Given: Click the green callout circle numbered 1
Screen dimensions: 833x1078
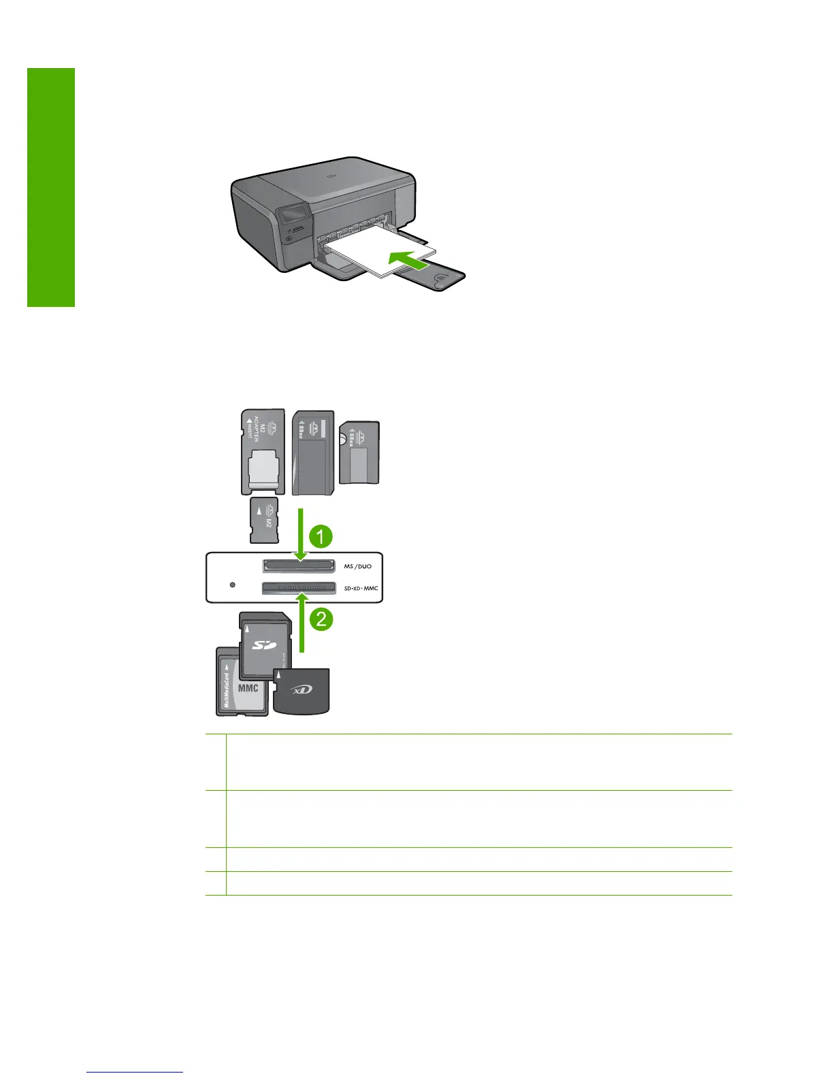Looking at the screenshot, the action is coord(321,536).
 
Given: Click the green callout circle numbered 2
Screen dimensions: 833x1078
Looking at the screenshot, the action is coord(321,619).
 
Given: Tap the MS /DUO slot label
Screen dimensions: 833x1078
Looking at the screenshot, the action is coord(357,566).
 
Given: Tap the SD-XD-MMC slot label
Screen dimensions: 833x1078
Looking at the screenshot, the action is coord(360,588).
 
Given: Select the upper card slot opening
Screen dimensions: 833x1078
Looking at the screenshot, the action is coord(299,566).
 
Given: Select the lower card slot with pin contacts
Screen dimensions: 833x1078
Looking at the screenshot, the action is coord(299,587).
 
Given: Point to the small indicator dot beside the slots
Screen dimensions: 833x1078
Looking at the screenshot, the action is coord(233,585).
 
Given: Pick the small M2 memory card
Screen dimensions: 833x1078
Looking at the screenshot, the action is coord(264,519).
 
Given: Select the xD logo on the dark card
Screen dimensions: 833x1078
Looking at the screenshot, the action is coord(302,689).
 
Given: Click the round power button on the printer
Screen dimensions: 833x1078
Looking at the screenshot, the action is coord(290,240).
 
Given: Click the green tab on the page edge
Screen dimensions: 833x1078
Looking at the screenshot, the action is coord(51,187).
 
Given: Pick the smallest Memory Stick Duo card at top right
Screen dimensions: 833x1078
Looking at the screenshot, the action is coord(359,452).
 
